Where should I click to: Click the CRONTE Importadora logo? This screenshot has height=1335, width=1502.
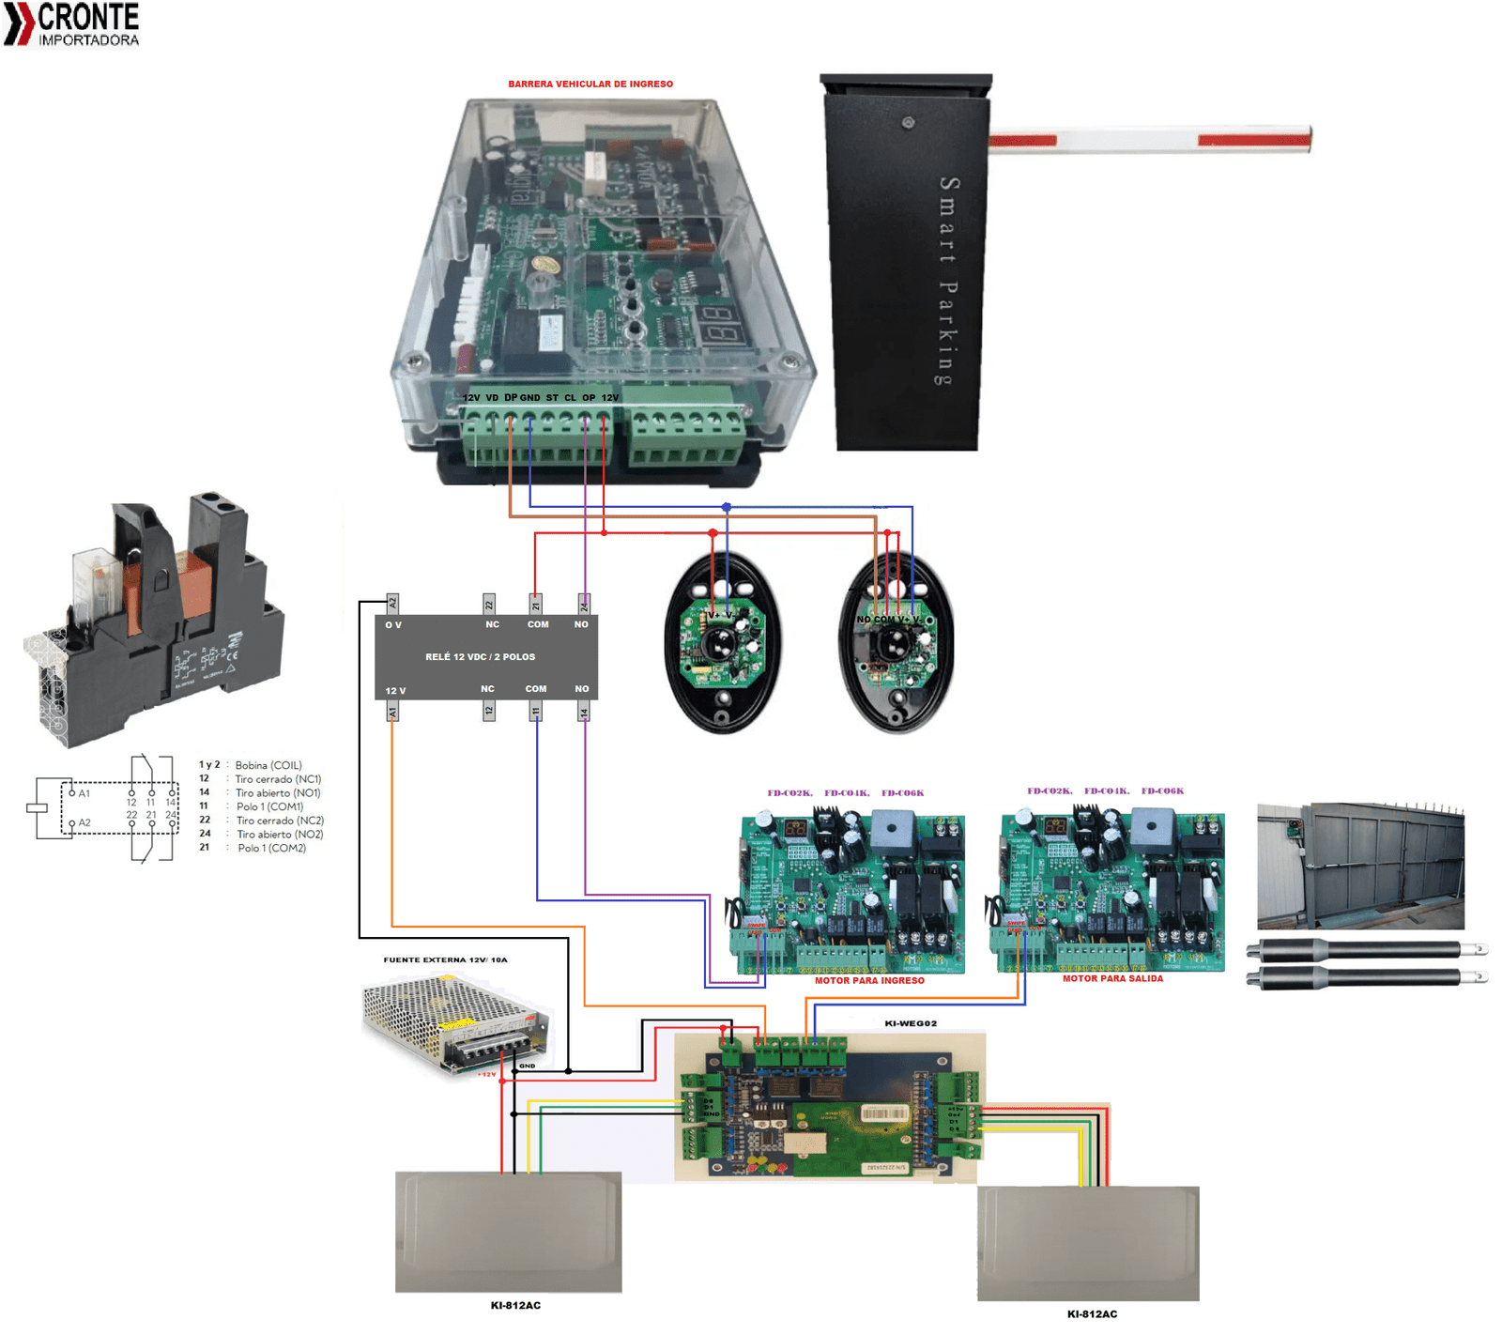73,24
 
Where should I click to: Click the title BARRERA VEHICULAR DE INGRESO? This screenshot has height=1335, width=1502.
590,84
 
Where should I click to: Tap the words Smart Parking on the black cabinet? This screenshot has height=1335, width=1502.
948,281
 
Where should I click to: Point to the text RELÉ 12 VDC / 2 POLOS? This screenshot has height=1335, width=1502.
480,657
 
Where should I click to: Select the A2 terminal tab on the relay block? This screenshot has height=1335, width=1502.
392,604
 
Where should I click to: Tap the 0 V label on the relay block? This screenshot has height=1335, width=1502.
393,625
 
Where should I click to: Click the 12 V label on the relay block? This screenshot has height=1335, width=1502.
395,691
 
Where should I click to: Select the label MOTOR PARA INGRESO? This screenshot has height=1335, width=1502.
869,981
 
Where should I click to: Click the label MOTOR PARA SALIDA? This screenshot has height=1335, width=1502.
1112,979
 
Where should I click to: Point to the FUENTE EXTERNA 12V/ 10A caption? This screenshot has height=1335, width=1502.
445,960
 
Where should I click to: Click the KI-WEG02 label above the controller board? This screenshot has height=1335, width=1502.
911,1024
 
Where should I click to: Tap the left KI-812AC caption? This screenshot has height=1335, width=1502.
515,1306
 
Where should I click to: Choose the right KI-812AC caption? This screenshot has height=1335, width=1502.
1092,1314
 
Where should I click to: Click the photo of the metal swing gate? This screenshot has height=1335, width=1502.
1360,866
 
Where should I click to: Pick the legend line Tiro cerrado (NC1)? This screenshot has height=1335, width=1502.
278,779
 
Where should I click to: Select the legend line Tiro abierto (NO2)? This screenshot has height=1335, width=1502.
280,835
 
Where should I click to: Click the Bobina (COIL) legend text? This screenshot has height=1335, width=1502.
268,766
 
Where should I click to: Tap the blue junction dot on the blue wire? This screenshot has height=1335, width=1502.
727,507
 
